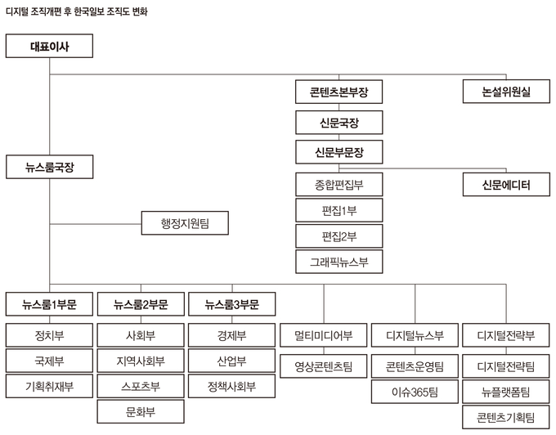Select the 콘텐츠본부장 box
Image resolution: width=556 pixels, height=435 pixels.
[339, 92]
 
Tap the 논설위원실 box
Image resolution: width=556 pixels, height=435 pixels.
[507, 92]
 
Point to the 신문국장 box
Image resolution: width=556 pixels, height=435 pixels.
[339, 123]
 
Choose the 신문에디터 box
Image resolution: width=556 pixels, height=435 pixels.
[507, 186]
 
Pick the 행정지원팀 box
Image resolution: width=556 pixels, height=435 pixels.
[185, 222]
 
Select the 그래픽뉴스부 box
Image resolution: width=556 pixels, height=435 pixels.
[339, 262]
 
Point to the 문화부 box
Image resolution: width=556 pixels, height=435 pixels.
[141, 411]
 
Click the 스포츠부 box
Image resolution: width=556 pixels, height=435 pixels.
[141, 386]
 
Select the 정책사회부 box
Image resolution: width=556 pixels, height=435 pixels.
[232, 386]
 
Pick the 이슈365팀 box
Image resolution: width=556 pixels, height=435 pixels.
[415, 392]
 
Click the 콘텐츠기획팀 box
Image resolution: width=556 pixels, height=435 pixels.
[506, 417]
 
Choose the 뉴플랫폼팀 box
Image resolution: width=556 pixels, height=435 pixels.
[506, 392]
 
